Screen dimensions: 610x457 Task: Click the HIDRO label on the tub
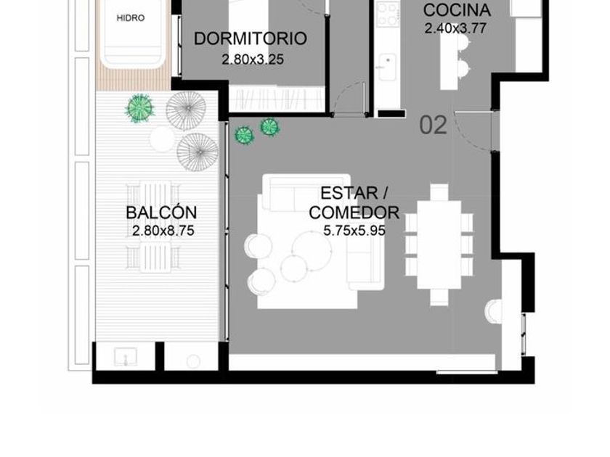pos(130,18)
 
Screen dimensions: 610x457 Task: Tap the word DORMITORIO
pos(251,39)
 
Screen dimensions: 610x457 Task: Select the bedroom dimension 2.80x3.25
pos(253,59)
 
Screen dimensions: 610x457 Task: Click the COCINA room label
pos(457,10)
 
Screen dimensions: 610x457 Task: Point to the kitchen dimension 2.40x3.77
pos(455,28)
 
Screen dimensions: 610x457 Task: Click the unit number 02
pos(434,125)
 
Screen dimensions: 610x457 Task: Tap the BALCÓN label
pos(161,212)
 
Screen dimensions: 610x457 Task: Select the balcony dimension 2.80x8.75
pos(163,231)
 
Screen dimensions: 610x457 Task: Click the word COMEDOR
pos(354,213)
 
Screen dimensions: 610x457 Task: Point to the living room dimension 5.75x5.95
pos(354,231)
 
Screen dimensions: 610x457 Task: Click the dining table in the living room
pos(439,244)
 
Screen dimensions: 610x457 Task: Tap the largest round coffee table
pos(312,251)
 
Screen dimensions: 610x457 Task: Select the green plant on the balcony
pos(139,108)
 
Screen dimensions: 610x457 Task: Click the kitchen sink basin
pos(387,67)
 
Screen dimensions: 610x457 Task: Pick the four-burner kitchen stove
pos(388,14)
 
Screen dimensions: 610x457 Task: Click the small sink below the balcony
pos(125,357)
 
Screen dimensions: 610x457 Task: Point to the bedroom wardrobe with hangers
pos(277,99)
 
